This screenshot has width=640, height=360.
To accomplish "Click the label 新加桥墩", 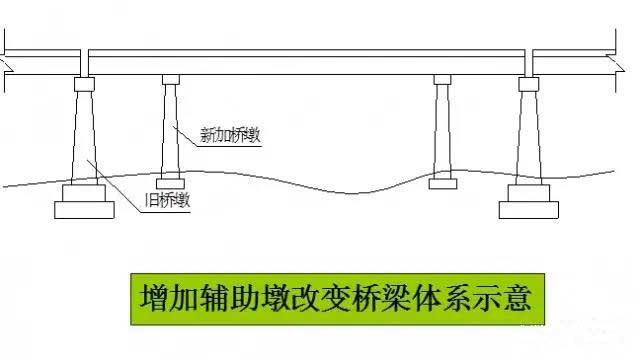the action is (x=231, y=137).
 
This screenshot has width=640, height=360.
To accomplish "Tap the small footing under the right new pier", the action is (x=443, y=184).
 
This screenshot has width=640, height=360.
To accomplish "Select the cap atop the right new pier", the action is (x=443, y=79).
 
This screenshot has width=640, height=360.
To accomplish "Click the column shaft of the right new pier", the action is (x=443, y=130).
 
